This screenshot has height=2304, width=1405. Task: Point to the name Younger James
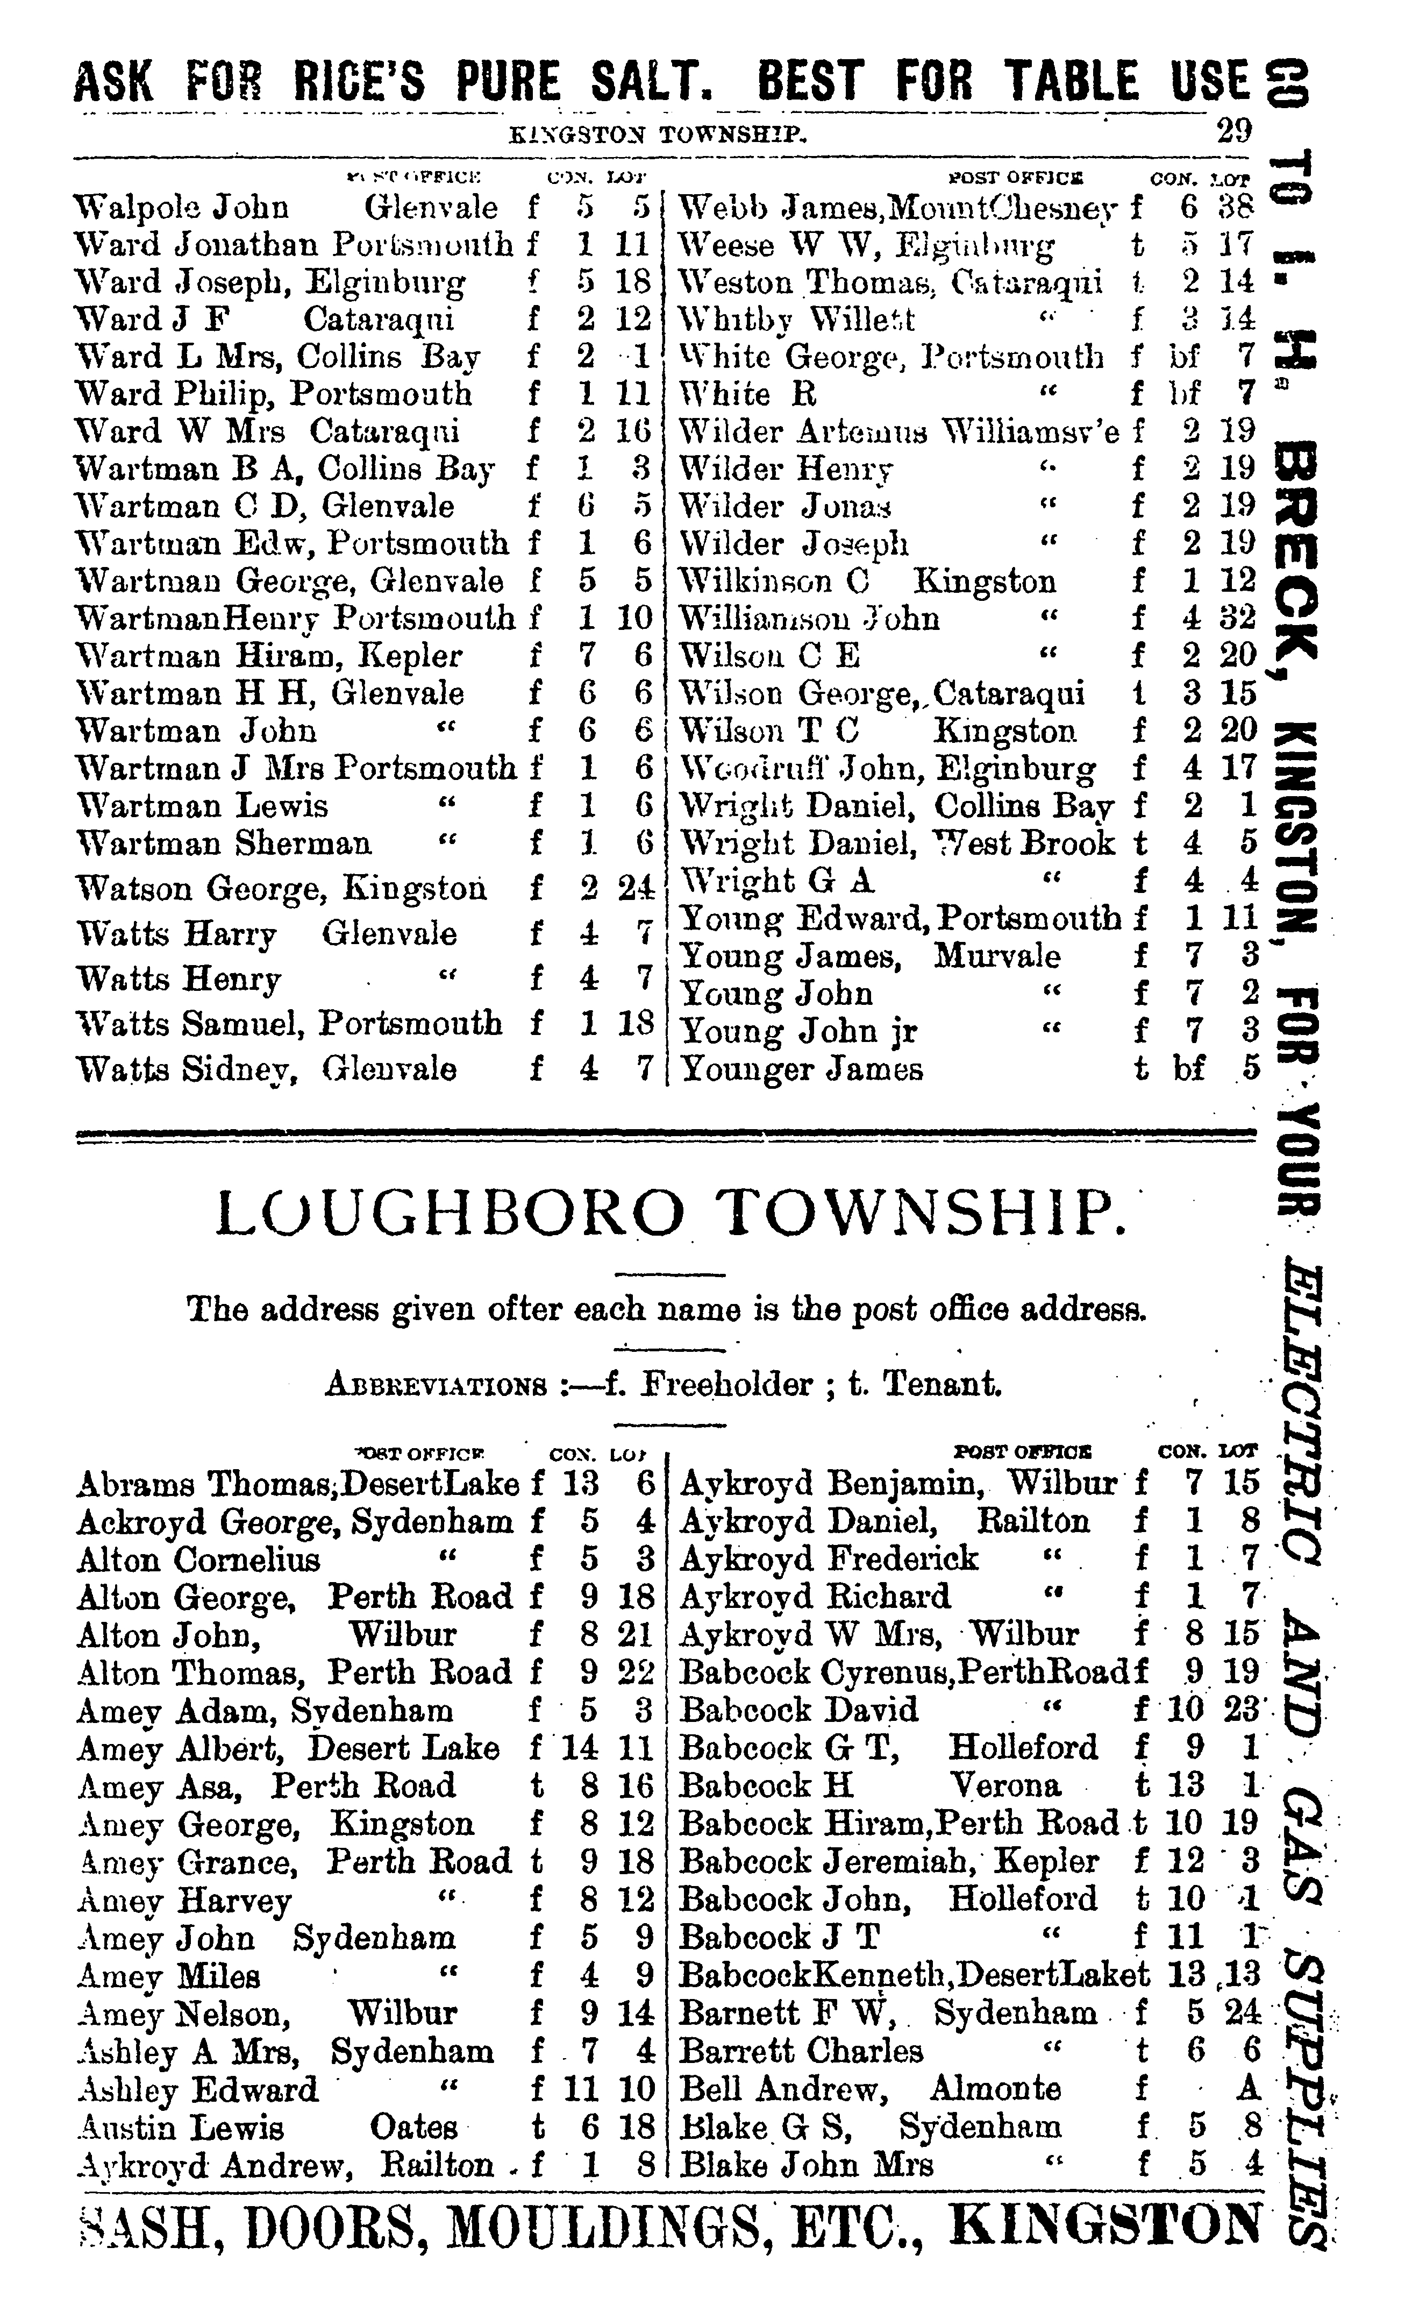coord(801,1069)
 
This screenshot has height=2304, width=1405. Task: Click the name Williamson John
coord(809,618)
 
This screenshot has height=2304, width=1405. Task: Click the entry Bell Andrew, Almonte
coord(869,2088)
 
